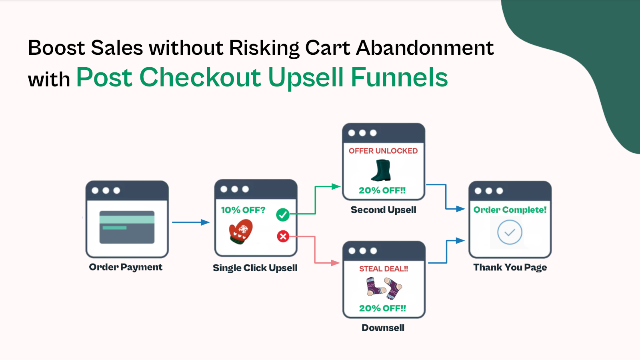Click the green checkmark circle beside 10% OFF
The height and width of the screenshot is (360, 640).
pyautogui.click(x=283, y=215)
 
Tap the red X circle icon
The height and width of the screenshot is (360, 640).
pyautogui.click(x=283, y=236)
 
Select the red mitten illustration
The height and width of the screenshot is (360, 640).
pyautogui.click(x=241, y=232)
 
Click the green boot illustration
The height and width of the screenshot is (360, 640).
pyautogui.click(x=381, y=170)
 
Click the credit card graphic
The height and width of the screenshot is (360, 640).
pyautogui.click(x=127, y=227)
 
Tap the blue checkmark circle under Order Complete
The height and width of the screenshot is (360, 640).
pyautogui.click(x=510, y=232)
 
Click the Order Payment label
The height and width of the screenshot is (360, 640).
pyautogui.click(x=126, y=267)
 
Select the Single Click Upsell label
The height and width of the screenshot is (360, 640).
pyautogui.click(x=255, y=268)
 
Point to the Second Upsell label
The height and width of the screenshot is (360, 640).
pyautogui.click(x=383, y=210)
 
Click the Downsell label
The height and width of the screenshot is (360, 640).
pyautogui.click(x=383, y=328)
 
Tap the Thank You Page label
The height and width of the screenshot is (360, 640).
pyautogui.click(x=510, y=268)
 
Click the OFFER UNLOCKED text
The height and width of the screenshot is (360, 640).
pyautogui.click(x=383, y=151)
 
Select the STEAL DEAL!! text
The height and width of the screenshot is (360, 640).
pyautogui.click(x=384, y=269)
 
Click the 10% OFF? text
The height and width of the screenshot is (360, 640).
pyautogui.click(x=243, y=210)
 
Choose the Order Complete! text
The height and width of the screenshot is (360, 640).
pyautogui.click(x=510, y=210)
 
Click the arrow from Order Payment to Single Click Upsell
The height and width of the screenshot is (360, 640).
pyautogui.click(x=190, y=222)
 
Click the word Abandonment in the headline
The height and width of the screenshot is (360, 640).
pyautogui.click(x=425, y=48)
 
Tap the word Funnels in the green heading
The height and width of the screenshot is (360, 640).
pyautogui.click(x=399, y=77)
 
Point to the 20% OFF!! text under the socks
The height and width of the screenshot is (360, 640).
pyautogui.click(x=382, y=308)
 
